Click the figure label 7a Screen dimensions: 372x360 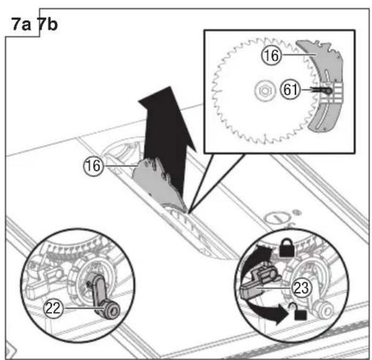point(21,24)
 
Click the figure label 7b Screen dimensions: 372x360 point(48,24)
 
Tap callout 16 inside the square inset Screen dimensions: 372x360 point(271,55)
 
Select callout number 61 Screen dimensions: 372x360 point(291,90)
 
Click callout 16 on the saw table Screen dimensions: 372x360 point(94,166)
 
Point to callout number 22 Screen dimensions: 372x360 point(53,308)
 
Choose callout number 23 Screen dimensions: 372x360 point(301,287)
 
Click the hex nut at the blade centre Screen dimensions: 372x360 point(264,90)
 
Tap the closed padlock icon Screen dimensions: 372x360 point(287,248)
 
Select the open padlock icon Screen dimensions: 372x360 point(298,311)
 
